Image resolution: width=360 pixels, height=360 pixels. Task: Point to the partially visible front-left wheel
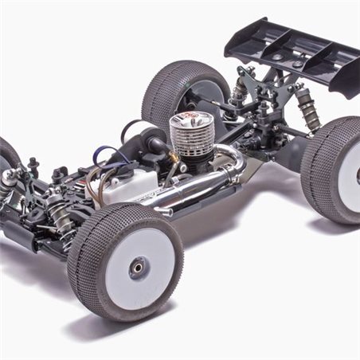(x=8, y=159)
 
